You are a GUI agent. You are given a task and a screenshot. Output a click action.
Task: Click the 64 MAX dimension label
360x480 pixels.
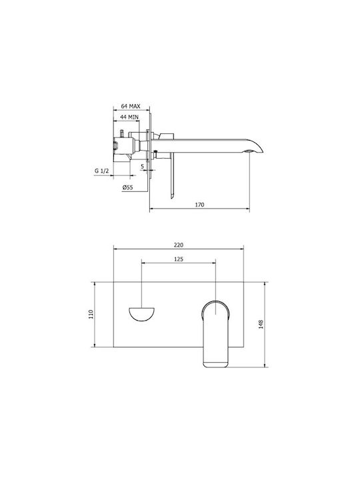tap(131, 106)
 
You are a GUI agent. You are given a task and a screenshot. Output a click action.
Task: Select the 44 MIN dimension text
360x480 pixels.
tap(129, 117)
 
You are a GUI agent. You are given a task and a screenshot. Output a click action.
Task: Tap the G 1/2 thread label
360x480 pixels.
tap(101, 171)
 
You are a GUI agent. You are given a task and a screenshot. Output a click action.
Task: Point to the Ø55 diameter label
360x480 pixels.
tap(127, 187)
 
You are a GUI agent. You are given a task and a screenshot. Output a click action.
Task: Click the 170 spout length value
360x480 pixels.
tap(199, 205)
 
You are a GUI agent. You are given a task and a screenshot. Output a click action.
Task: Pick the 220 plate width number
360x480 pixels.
tap(179, 245)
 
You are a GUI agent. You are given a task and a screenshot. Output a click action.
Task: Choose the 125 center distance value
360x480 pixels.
tap(179, 259)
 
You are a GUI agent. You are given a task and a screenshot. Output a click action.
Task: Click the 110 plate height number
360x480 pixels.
tap(91, 315)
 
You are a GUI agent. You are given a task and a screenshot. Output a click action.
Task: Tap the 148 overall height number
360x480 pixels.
tap(261, 324)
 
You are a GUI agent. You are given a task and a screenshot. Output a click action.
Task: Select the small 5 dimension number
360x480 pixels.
tap(143, 167)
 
